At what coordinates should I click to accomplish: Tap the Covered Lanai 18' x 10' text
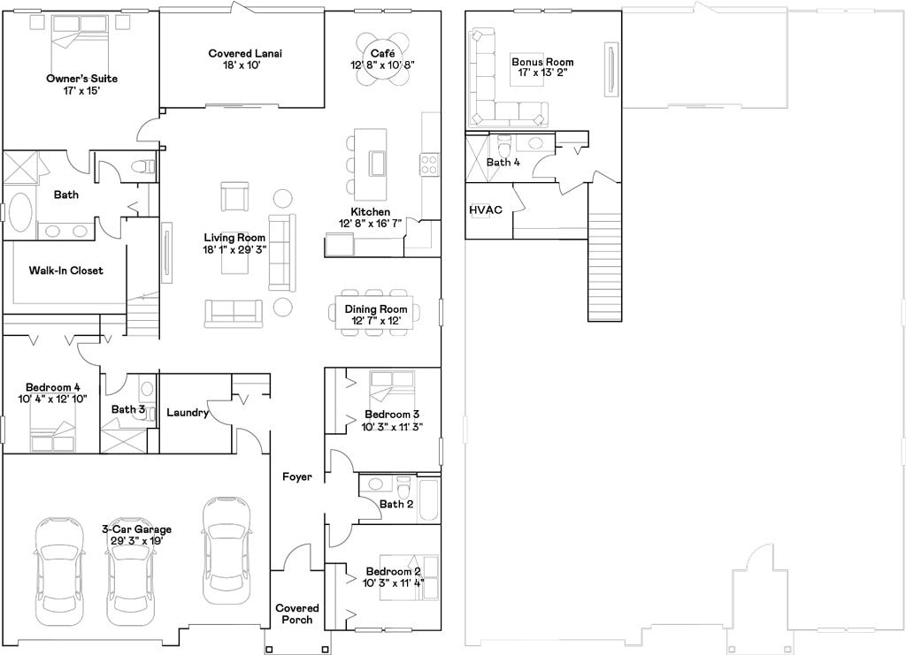point(245,59)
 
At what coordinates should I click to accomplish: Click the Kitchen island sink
point(377,164)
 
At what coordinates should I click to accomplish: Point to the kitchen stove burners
point(428,164)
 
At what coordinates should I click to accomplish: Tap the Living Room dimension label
point(234,249)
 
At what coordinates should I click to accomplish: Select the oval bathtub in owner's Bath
point(19,213)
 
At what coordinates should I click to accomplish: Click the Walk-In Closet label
point(65,270)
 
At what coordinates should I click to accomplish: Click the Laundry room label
point(188,413)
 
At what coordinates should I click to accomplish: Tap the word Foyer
point(297,477)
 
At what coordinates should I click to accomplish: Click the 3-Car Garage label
point(136,535)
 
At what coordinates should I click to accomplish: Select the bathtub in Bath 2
point(429,499)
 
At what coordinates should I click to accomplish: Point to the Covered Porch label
point(297,613)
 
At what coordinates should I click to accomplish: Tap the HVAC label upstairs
point(486,210)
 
